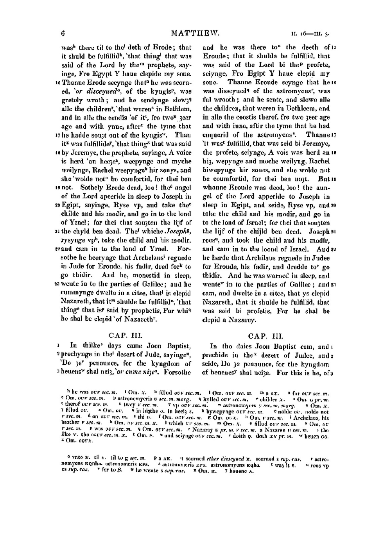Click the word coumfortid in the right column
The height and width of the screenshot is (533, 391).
pos(231,178)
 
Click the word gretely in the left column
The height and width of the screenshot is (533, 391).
pos(72,100)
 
